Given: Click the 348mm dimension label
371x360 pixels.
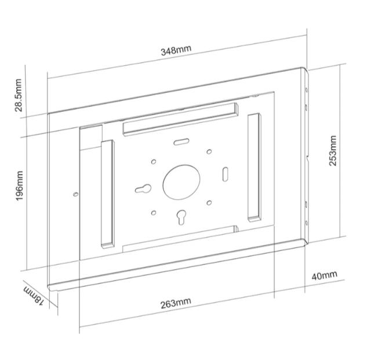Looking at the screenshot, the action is point(176,50).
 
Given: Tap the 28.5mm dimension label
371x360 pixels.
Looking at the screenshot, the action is point(18,95).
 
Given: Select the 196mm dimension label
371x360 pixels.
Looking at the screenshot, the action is point(19,186).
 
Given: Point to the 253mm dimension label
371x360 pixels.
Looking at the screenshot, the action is point(333,151).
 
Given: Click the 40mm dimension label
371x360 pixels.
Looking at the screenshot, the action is point(324,275).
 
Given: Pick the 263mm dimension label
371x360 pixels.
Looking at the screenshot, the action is point(176,303).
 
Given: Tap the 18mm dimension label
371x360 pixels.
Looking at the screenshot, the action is point(34,296).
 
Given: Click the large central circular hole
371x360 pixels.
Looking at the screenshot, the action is point(181,182).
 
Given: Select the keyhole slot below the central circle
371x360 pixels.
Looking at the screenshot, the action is point(181,217).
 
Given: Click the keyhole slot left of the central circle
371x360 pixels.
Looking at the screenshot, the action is point(143,189).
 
